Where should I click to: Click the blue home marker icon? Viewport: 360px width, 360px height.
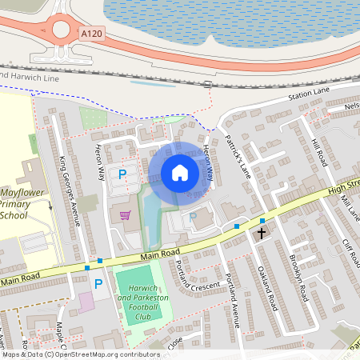[x=180, y=173]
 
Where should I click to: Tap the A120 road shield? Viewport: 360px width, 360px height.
[x=90, y=34]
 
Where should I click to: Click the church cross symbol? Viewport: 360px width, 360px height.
[x=261, y=234]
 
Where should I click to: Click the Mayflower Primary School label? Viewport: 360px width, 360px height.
[x=25, y=205]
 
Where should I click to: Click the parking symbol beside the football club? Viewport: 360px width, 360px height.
[x=98, y=283]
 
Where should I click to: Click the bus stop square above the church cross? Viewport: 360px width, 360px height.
[x=262, y=220]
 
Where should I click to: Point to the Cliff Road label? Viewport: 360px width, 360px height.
[x=352, y=254]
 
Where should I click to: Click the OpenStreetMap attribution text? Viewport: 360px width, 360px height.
[x=80, y=354]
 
